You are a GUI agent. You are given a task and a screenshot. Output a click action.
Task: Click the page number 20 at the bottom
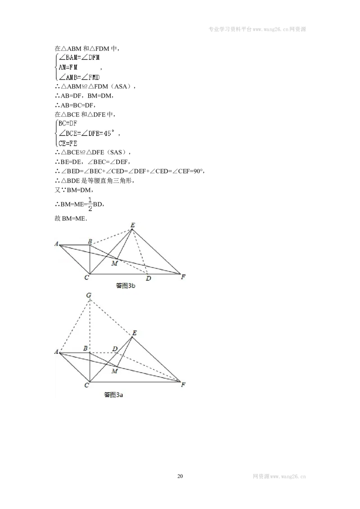[180, 476]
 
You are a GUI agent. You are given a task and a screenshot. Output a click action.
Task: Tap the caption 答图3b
[126, 286]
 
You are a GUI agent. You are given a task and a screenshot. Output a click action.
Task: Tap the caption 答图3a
[113, 395]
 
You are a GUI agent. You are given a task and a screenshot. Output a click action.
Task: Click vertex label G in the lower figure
[88, 295]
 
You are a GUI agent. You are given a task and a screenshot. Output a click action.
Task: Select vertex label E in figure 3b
[133, 225]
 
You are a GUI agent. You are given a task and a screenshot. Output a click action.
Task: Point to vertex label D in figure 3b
[148, 278]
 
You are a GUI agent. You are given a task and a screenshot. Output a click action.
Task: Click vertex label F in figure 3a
[183, 384]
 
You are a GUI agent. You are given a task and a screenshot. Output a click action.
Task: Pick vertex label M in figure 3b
[114, 263]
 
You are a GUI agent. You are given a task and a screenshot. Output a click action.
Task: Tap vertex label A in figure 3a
[57, 352]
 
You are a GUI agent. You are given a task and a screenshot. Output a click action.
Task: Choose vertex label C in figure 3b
[87, 277]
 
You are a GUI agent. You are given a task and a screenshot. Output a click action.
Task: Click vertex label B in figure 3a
[85, 348]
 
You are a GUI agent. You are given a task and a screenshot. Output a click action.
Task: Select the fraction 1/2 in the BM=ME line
[90, 204]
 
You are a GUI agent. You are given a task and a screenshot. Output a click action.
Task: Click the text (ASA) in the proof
[121, 86]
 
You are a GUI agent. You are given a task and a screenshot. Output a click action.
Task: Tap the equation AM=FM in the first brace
[68, 67]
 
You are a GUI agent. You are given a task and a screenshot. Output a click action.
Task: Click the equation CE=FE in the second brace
[68, 143]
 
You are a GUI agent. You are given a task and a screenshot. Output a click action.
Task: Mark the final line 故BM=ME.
[71, 219]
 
